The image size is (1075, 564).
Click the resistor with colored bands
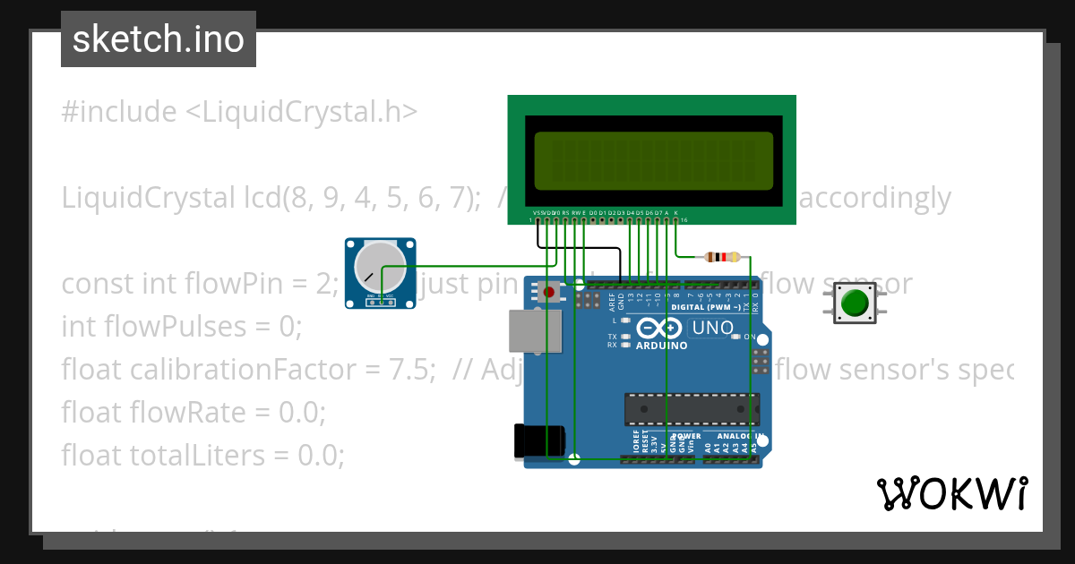[x=723, y=257]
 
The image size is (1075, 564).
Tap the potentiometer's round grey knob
[x=379, y=267]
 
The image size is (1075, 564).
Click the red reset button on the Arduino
[x=550, y=292]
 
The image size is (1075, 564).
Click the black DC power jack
[x=540, y=441]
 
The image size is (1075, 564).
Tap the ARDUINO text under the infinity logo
[x=661, y=346]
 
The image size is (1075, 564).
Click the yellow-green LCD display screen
[x=653, y=162]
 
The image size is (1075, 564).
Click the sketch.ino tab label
[x=158, y=39]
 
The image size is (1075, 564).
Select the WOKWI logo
[x=951, y=493]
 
